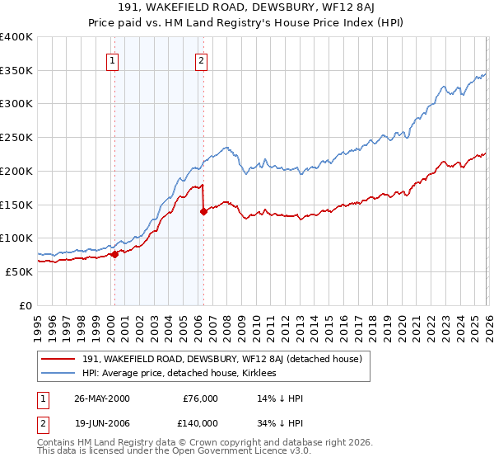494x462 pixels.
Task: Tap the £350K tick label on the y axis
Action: point(16,71)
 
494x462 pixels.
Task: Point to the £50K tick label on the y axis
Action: point(19,271)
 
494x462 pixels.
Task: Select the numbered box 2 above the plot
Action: point(201,59)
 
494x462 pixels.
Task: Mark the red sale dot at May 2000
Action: point(115,254)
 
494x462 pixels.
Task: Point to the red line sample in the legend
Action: point(58,358)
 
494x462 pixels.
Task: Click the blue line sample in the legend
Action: point(58,373)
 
